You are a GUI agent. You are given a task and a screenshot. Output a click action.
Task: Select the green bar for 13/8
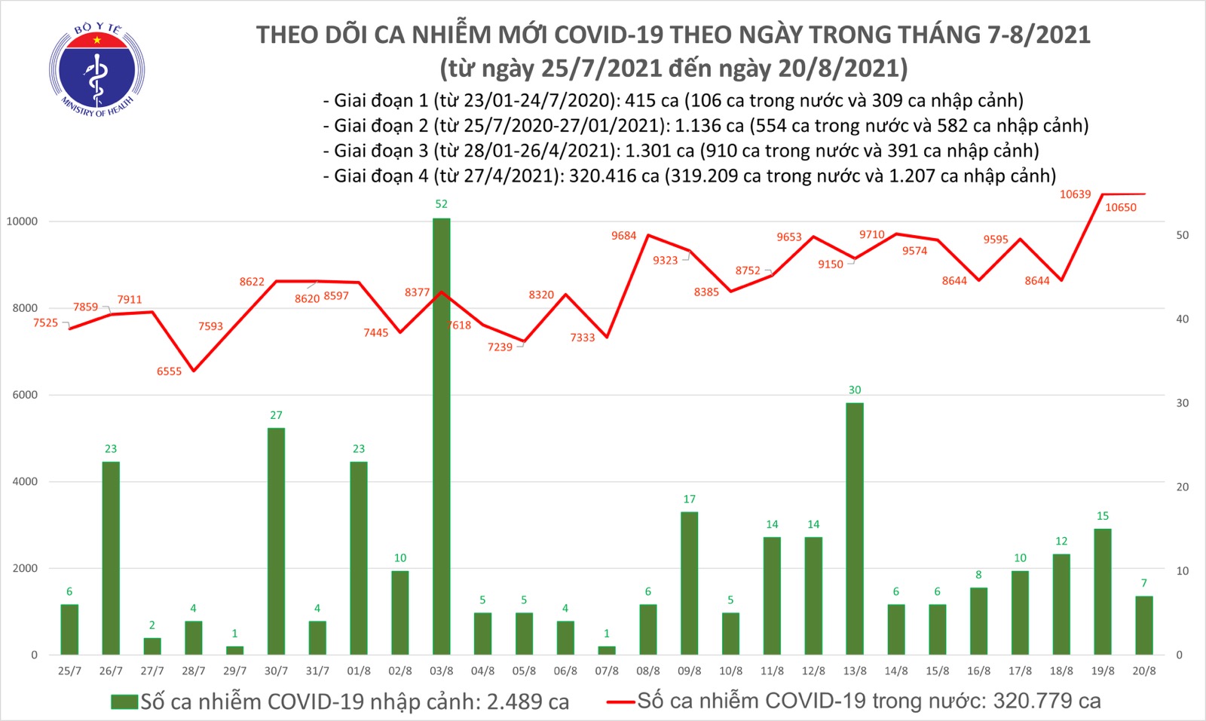pos(854,528)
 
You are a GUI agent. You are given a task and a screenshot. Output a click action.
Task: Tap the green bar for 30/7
pos(276,541)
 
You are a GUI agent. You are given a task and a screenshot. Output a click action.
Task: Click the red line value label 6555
pos(169,371)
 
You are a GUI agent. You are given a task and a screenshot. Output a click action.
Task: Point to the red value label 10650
pos(1120,208)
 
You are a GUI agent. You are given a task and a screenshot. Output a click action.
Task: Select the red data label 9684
pos(623,236)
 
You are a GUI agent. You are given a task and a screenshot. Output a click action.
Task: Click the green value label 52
pos(441,204)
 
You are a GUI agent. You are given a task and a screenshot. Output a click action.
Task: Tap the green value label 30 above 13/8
pos(854,390)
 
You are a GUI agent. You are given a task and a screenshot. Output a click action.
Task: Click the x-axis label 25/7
pos(69,671)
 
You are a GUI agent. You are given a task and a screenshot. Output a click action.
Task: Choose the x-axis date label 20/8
pos(1143,671)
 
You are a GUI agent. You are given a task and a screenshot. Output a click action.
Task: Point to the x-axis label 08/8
pos(647,671)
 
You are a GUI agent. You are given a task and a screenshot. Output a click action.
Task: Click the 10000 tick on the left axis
pos(22,221)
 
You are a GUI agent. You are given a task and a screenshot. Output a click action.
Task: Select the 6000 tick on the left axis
pos(24,395)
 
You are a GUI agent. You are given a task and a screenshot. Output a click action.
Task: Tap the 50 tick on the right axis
pos(1183,236)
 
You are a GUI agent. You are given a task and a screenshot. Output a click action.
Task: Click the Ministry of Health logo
pos(96,70)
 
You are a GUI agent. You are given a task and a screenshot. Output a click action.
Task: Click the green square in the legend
pos(124,702)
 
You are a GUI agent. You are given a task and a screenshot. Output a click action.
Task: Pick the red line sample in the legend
pos(620,702)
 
